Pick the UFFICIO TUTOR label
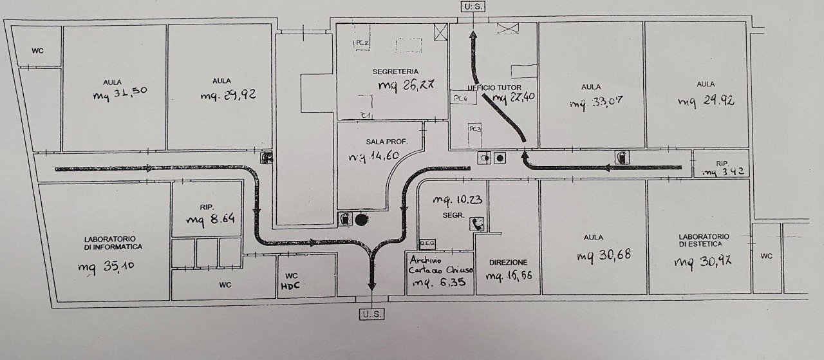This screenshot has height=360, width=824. pyautogui.click(x=494, y=87)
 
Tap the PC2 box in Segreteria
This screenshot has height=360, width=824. pyautogui.click(x=361, y=43)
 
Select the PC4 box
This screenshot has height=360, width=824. pyautogui.click(x=460, y=99)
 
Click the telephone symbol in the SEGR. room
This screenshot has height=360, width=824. pyautogui.click(x=478, y=223)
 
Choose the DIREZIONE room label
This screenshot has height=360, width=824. pyautogui.click(x=508, y=263)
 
